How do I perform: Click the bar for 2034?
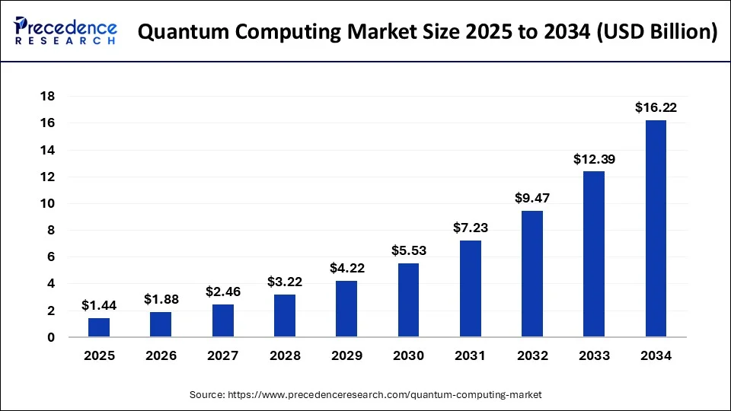coord(656,228)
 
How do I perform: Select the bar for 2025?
coord(99,327)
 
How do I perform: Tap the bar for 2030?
coord(408,300)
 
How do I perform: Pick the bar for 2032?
coord(532,274)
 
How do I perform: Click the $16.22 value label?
coord(656,108)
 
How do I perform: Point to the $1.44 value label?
coord(99,306)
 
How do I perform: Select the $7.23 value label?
coord(470,228)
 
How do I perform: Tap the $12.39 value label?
coord(594,159)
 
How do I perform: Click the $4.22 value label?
coord(346,269)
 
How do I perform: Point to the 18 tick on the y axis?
coord(46,97)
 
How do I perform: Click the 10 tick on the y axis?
coord(46,203)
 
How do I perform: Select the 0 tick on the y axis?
coord(50,337)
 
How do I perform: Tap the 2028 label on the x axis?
coord(285,355)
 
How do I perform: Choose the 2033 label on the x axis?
coord(594,355)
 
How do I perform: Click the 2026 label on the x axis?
coord(161,355)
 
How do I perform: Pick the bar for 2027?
coord(223,320)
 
